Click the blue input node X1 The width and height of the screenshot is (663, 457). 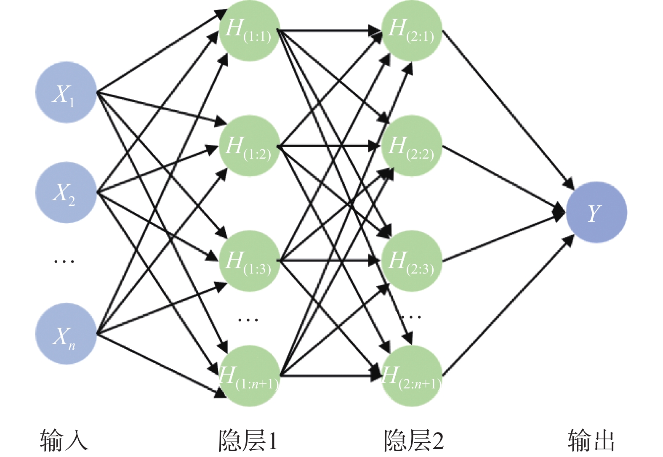(x=66, y=93)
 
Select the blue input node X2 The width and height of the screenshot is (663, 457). (x=66, y=193)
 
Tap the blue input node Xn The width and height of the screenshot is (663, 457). (x=66, y=334)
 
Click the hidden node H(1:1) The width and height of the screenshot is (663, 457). (x=249, y=31)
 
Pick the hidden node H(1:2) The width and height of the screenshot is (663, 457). (x=249, y=146)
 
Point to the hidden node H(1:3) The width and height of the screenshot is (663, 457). (x=249, y=261)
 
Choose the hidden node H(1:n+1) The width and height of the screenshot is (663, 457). (x=249, y=376)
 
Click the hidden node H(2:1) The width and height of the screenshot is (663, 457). (x=412, y=31)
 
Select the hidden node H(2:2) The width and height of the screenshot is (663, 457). (x=412, y=146)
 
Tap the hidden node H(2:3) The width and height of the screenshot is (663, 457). (x=412, y=261)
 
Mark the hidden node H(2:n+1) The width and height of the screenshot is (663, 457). (x=412, y=376)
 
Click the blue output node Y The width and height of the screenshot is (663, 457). (x=596, y=213)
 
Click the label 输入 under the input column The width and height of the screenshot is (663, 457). (x=64, y=440)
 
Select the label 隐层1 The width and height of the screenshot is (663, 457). (x=248, y=440)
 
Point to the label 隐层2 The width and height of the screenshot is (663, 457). (x=413, y=440)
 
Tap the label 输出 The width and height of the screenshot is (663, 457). (x=591, y=440)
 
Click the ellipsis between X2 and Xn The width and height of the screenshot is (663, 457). (x=64, y=261)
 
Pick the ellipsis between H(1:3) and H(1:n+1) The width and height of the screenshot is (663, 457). (x=248, y=320)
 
